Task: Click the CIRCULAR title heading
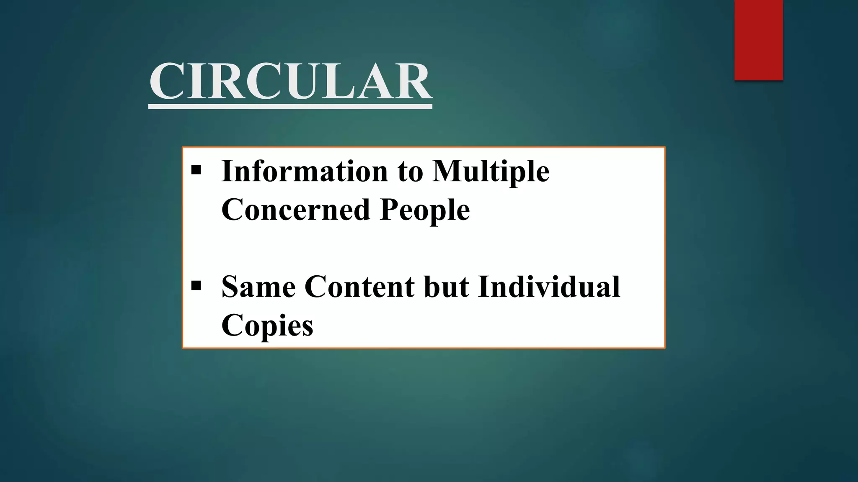pos(290,81)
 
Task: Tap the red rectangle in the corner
pos(758,40)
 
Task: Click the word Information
pos(305,171)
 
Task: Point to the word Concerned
pos(295,210)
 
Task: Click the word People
pos(425,210)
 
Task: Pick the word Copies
pos(267,326)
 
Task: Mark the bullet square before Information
pos(196,170)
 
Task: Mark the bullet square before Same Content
pos(196,286)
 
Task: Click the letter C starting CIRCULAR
pos(167,81)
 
